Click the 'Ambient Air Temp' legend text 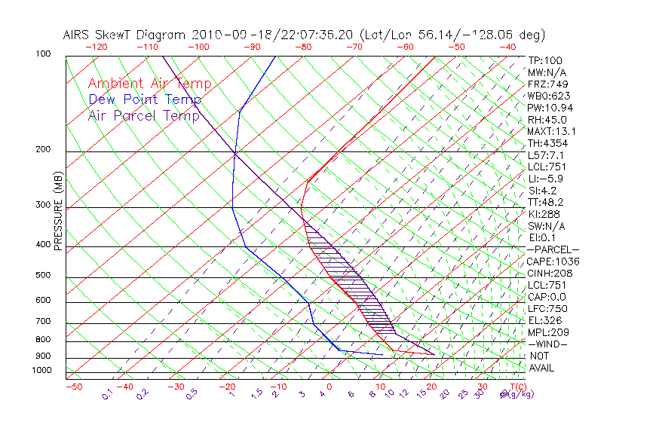tap(149, 84)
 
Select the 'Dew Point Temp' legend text tap(144, 99)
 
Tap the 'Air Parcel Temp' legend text tap(143, 115)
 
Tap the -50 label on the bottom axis tap(73, 387)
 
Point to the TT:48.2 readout tap(547, 202)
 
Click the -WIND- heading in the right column tap(549, 344)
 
